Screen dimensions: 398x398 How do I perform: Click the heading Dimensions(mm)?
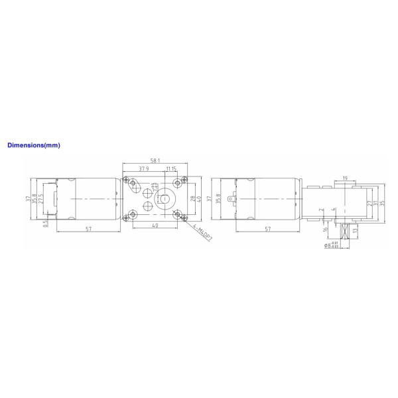click(x=33, y=144)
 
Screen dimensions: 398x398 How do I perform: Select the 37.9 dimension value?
click(x=143, y=168)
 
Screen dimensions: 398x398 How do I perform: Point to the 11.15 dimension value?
click(x=171, y=168)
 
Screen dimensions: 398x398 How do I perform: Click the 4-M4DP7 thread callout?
click(x=202, y=234)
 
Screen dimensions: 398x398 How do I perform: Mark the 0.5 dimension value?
click(x=45, y=223)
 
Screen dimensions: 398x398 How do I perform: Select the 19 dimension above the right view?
click(x=346, y=177)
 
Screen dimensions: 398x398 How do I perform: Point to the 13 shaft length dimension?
click(x=356, y=230)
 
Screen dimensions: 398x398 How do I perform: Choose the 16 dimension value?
click(x=326, y=230)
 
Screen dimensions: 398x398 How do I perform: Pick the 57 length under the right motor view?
click(x=267, y=229)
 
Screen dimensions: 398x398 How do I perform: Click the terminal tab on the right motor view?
click(x=232, y=197)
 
